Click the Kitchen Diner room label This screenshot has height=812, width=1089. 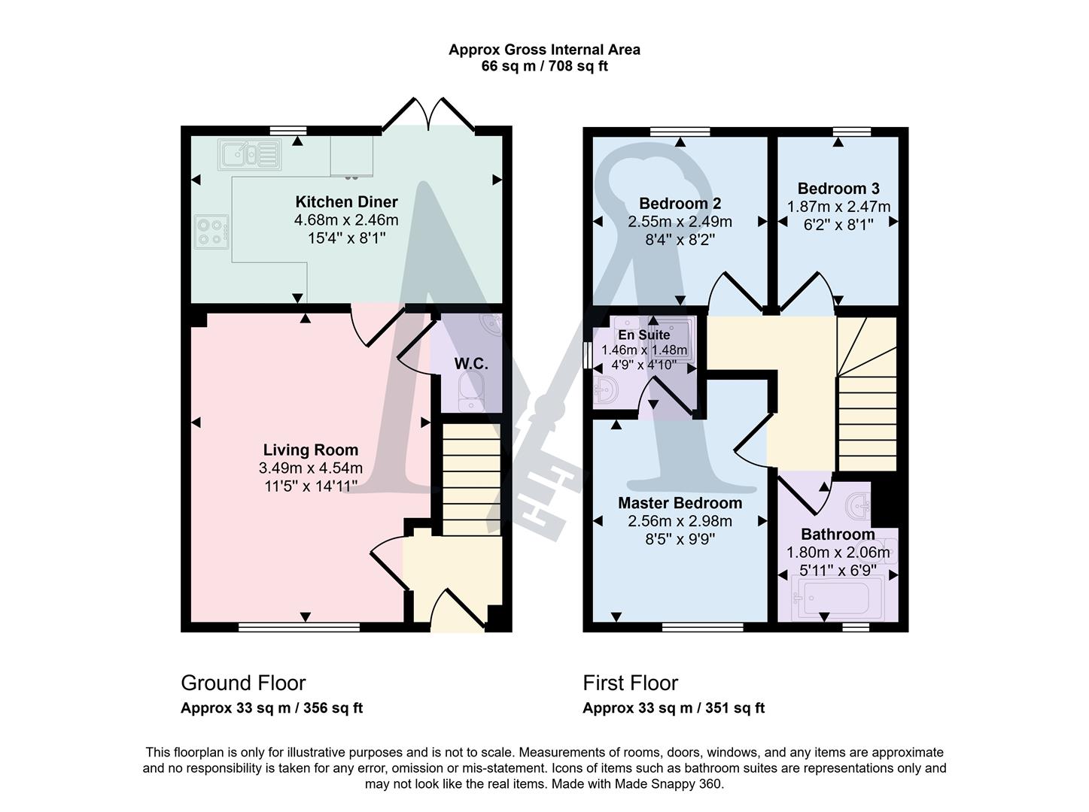(346, 201)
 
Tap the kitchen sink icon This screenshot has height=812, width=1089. (248, 155)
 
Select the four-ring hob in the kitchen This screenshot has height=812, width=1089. (211, 231)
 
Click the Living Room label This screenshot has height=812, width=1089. (311, 450)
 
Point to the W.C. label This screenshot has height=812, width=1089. (471, 364)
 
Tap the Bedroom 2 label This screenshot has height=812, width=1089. (680, 203)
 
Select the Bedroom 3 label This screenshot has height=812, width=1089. (838, 188)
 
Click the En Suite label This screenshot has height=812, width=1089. (643, 335)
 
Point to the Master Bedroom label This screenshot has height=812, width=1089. (680, 503)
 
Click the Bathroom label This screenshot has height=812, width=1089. (838, 535)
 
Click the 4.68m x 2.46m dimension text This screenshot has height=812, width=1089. (346, 220)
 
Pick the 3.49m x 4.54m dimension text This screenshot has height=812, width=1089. (311, 468)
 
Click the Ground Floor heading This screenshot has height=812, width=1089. (243, 683)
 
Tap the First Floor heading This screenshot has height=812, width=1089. (630, 683)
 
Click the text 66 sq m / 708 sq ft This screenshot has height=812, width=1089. (544, 66)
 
